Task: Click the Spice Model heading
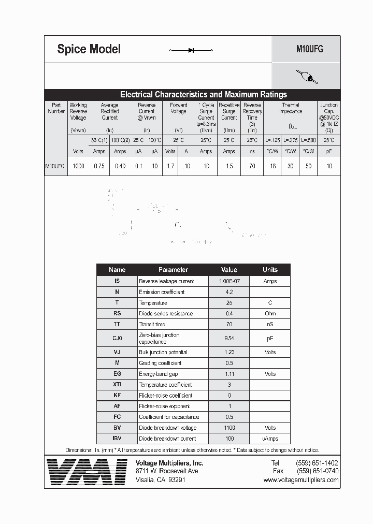(x=89, y=49)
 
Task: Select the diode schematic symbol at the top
(x=191, y=50)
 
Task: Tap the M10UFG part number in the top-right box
(x=309, y=49)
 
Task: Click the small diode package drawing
(x=306, y=77)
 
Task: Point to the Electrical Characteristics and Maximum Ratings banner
(x=203, y=94)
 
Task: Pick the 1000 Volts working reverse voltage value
(x=78, y=166)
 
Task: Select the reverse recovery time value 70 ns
(x=252, y=166)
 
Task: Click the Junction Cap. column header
(x=329, y=117)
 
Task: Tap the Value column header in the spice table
(x=229, y=270)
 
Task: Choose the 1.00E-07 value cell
(x=229, y=281)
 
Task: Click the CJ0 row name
(x=117, y=338)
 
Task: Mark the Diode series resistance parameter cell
(x=166, y=314)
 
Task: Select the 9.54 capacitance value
(x=229, y=338)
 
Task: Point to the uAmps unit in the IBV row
(x=270, y=439)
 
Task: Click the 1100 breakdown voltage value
(x=229, y=428)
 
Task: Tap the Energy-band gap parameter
(x=159, y=374)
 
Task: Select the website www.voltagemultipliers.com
(x=301, y=480)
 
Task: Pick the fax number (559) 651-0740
(x=317, y=471)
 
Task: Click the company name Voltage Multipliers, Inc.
(x=169, y=463)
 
